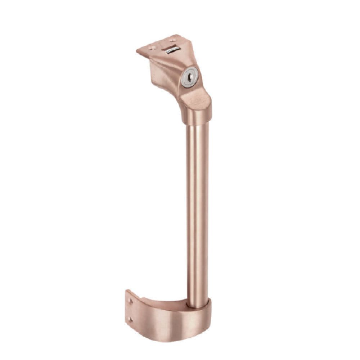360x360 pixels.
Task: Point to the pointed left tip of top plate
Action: click(x=137, y=51)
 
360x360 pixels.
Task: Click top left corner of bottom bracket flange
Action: click(x=127, y=291)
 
